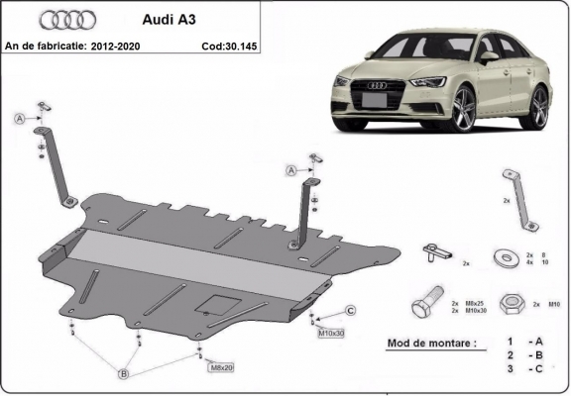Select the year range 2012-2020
pos(120,46)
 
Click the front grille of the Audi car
pos(376,100)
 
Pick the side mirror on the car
pos(488,57)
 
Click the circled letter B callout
pos(124,373)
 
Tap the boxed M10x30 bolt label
pos(331,333)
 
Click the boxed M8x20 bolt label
pos(220,367)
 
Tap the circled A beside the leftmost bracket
pos(19,119)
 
